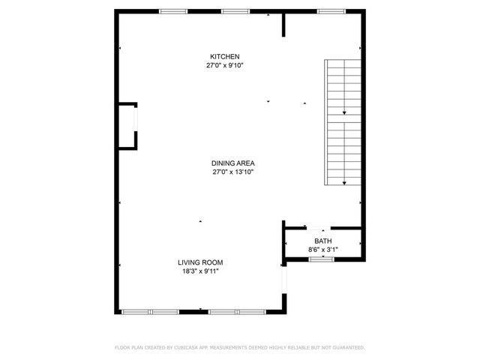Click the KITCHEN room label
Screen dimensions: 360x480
[x=225, y=57]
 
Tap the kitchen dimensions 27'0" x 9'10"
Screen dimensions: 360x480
[x=225, y=66]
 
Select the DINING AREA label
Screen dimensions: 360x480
[x=233, y=163]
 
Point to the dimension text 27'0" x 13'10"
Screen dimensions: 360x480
[x=233, y=172]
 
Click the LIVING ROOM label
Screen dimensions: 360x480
[x=200, y=262]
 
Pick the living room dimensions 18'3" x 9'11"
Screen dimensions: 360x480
[x=200, y=271]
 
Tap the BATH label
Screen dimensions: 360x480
[x=322, y=241]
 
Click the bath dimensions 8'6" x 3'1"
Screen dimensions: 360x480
[x=322, y=249]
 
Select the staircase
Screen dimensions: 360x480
[x=343, y=122]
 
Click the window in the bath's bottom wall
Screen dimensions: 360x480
[x=322, y=259]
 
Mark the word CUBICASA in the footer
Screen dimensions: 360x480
[x=186, y=348]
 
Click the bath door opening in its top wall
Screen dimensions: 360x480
[x=322, y=228]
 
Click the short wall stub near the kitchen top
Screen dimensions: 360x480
[x=283, y=23]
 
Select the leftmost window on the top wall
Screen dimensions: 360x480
[x=173, y=10]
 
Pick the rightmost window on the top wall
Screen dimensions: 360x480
[x=331, y=10]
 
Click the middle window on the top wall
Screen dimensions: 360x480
[x=235, y=10]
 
